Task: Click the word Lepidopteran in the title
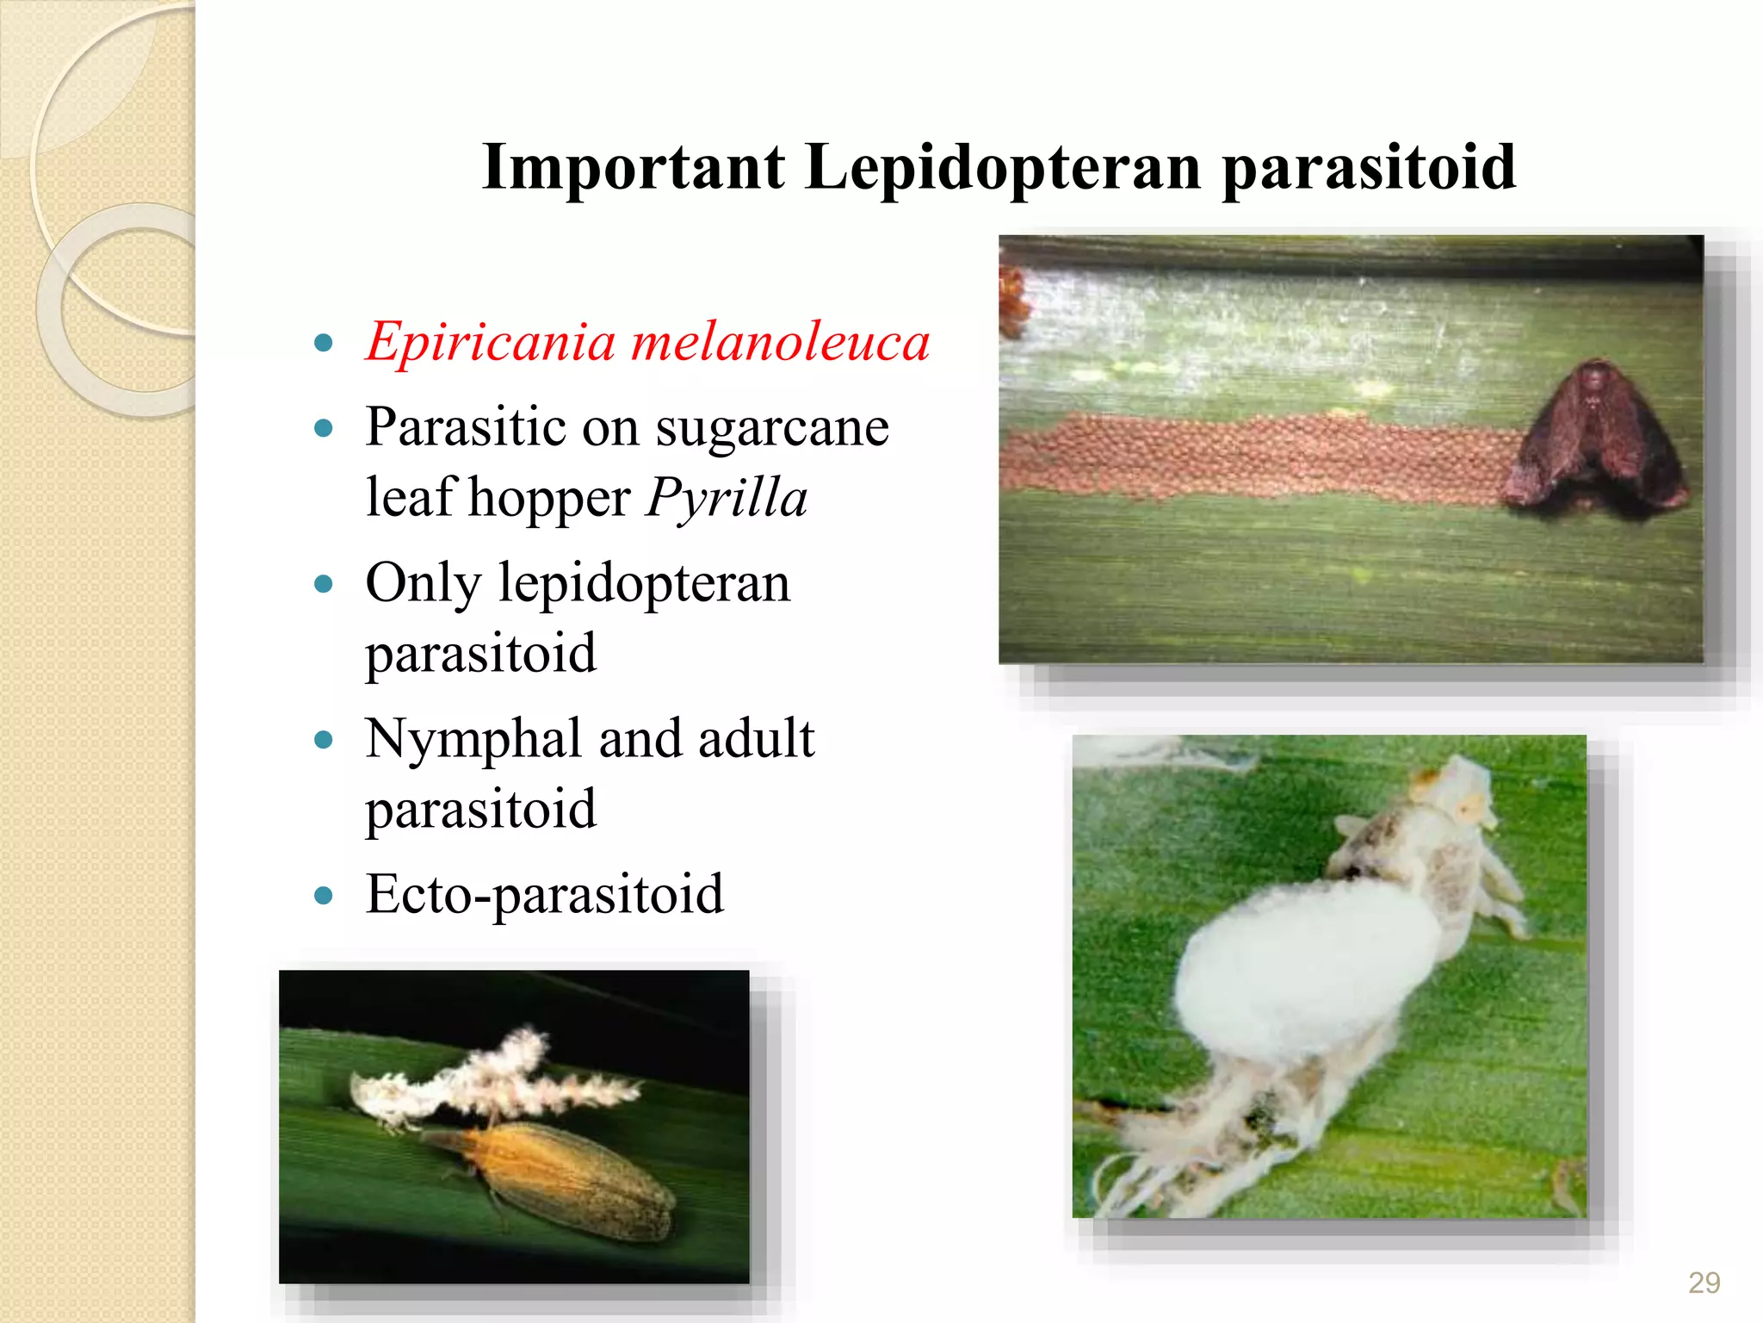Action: point(1003,168)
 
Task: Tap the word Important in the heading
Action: point(634,168)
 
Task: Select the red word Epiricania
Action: point(490,343)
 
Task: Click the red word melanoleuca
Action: point(780,343)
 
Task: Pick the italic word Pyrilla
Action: point(727,499)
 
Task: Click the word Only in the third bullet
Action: point(423,584)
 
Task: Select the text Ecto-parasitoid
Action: point(544,895)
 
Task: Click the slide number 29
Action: point(1704,1283)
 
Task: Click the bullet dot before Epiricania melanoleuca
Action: point(324,344)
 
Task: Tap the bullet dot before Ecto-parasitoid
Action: point(324,896)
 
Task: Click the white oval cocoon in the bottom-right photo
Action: point(1291,973)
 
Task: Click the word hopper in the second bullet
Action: point(549,499)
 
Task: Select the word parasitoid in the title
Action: point(1369,168)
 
